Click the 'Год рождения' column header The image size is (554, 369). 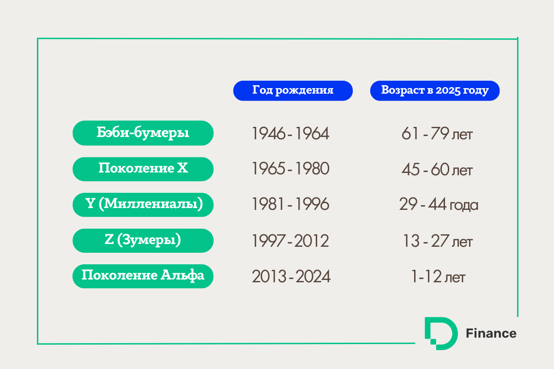click(293, 91)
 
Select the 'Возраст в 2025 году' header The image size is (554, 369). click(435, 91)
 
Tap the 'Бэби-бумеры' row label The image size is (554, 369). click(143, 133)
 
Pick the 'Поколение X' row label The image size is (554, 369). click(143, 169)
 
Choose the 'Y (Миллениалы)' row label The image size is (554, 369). click(143, 205)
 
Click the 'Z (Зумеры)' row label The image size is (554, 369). click(143, 240)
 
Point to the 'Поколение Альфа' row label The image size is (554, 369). click(143, 276)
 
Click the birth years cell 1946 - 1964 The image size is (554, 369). click(290, 133)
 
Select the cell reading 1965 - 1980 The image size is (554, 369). click(290, 169)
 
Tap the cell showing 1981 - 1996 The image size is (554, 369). click(290, 204)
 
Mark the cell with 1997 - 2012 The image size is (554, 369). click(290, 241)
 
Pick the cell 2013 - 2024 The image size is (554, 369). click(291, 276)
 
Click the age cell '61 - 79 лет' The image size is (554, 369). click(437, 134)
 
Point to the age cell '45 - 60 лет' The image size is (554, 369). click(437, 170)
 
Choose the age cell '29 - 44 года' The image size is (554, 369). click(439, 205)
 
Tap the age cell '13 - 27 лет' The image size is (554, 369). click(438, 241)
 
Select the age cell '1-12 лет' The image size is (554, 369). click(438, 277)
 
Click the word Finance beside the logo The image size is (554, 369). click(491, 333)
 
